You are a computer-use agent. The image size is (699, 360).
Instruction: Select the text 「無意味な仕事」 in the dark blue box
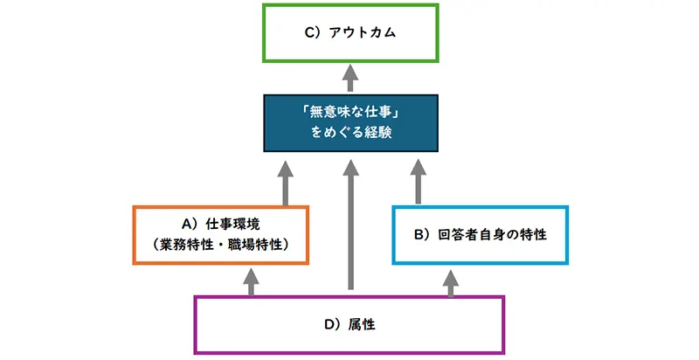349,113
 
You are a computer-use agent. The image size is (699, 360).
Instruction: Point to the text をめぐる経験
349,135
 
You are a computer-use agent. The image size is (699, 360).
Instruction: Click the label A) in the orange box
189,224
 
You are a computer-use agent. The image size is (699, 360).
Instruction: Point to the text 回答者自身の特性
494,235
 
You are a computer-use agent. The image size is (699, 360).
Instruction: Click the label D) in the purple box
333,325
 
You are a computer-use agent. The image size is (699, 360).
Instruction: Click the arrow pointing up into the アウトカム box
349,77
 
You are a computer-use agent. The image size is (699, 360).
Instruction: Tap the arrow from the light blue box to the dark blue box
417,182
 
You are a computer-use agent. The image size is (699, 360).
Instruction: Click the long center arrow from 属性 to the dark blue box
350,227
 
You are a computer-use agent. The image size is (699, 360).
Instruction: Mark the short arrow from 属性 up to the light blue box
451,280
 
